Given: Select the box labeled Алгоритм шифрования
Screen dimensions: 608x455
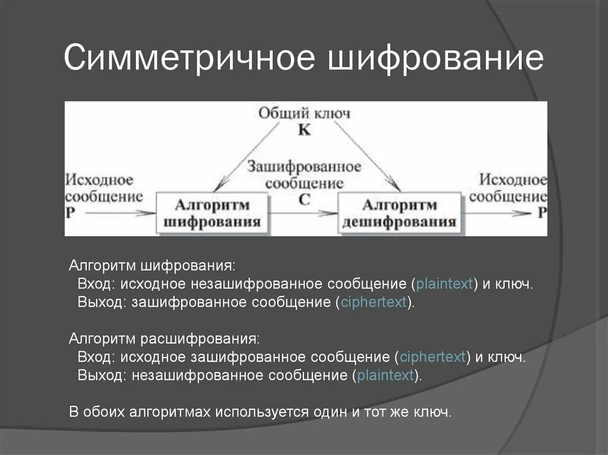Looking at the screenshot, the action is pos(212,212).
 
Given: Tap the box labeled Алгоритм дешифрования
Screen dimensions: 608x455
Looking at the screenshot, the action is pos(400,212).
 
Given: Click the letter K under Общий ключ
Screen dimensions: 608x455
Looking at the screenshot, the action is pos(304,130).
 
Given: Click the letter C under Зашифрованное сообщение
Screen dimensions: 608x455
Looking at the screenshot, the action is pos(304,200).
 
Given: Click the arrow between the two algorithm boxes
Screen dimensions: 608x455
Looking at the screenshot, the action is pos(303,213).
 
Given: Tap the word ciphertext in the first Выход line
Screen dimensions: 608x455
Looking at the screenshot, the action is pos(373,302).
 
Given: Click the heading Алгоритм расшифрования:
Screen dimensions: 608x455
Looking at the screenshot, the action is pos(164,339).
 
